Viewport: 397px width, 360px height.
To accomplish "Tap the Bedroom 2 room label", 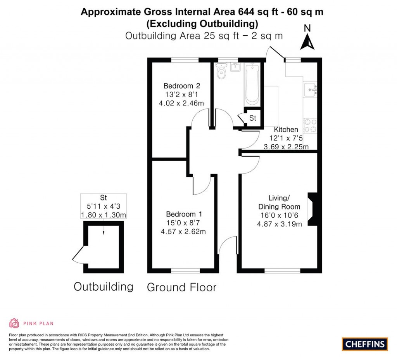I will click(x=181, y=86).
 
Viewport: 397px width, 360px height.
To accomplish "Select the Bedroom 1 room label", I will click(x=184, y=214).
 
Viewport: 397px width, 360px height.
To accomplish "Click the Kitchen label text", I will click(x=286, y=130).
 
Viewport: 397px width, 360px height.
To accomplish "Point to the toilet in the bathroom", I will click(x=222, y=72).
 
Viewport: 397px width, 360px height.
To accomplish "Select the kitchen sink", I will click(x=311, y=89).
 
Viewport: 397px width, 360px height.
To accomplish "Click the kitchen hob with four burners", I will click(x=310, y=125).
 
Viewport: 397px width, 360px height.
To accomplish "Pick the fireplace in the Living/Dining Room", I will click(x=313, y=209).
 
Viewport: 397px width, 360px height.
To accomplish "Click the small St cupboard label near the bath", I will click(x=253, y=118).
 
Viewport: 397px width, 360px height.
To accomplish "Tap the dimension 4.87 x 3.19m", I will click(x=279, y=223).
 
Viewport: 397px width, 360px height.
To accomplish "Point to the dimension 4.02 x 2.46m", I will click(x=181, y=103).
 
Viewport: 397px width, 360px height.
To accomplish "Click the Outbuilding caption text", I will click(x=104, y=287).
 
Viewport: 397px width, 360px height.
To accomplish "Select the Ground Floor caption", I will click(x=181, y=287).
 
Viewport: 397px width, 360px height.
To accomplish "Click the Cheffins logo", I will click(x=364, y=344).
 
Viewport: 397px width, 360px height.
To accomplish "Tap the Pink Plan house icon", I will click(x=14, y=323).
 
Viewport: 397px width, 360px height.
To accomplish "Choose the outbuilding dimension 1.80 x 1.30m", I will click(x=104, y=215).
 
